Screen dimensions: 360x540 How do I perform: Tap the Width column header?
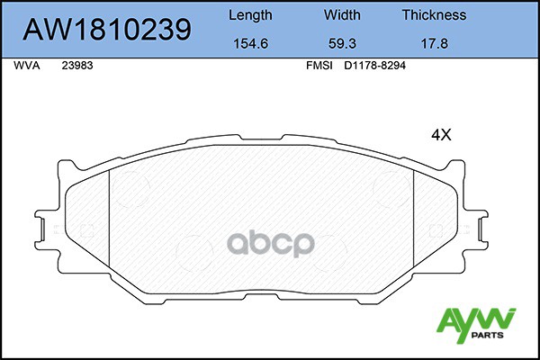(341, 15)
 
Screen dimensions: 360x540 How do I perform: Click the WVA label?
(26, 66)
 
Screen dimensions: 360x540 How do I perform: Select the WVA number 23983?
(76, 66)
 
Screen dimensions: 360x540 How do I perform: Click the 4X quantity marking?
(440, 135)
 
